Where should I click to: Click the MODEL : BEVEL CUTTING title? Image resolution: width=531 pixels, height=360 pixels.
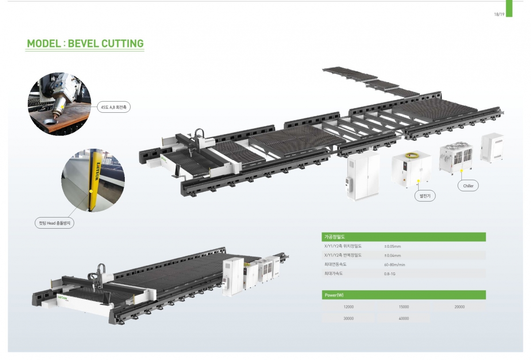point(85,44)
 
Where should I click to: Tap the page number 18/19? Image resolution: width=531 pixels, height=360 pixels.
point(499,15)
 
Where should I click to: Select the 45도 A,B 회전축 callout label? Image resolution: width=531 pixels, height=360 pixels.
point(114,107)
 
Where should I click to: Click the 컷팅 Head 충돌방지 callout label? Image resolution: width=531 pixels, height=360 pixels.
point(54,223)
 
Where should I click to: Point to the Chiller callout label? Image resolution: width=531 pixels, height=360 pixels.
point(468,186)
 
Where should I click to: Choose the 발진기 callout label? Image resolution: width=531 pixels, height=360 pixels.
point(425,196)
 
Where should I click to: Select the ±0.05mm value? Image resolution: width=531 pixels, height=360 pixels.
point(392,246)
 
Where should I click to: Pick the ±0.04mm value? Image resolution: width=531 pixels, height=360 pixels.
point(392,256)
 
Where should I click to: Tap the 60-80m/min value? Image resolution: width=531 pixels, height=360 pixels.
point(394,265)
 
